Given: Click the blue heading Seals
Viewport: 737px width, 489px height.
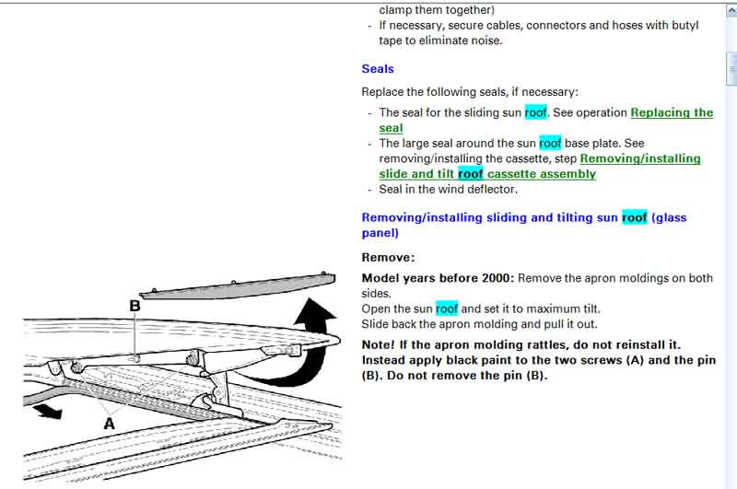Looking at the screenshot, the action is [x=378, y=69].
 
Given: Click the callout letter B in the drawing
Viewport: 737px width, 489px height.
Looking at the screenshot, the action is [x=135, y=306].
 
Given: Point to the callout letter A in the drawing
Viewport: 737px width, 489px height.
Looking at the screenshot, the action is [x=109, y=424].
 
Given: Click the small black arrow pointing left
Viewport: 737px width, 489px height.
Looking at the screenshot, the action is [x=48, y=411].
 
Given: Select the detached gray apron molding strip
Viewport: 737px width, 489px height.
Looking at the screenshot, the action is [x=238, y=285].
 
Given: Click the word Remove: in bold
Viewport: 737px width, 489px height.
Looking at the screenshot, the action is [x=388, y=258].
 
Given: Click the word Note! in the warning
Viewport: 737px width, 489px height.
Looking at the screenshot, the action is [x=378, y=344].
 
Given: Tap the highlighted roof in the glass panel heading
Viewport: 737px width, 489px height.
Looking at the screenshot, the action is [x=634, y=217].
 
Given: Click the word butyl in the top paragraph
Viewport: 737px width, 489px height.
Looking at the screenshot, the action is [x=684, y=26].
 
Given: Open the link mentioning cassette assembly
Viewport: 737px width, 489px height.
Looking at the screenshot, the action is [x=540, y=167].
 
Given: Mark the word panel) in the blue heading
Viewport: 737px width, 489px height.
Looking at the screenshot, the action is [x=380, y=234].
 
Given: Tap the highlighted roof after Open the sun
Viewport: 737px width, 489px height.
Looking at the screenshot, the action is [x=447, y=309].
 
